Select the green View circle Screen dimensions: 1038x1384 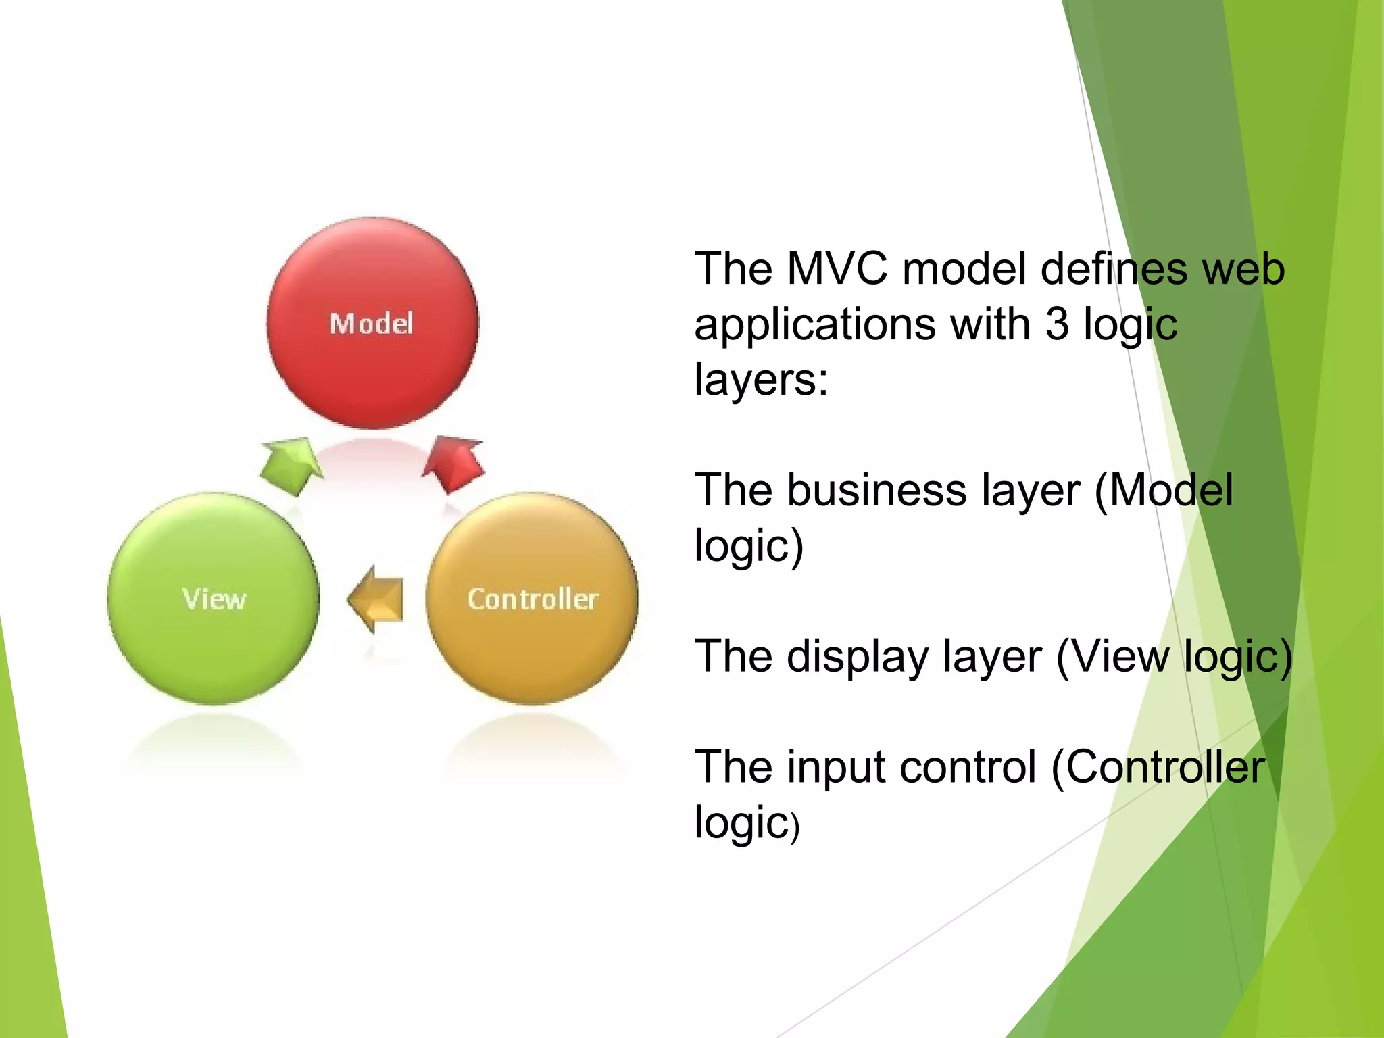pos(213,649)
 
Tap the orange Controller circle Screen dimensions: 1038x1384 pos(533,649)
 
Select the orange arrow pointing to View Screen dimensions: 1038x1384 pos(377,599)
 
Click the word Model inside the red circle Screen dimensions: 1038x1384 pos(371,324)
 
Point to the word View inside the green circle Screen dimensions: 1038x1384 pos(214,599)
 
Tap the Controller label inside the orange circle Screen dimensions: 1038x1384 pos(533,599)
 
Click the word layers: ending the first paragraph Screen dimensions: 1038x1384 pos(761,380)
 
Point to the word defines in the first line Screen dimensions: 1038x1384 pos(1114,269)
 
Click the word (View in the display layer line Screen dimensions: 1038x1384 pos(1112,657)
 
